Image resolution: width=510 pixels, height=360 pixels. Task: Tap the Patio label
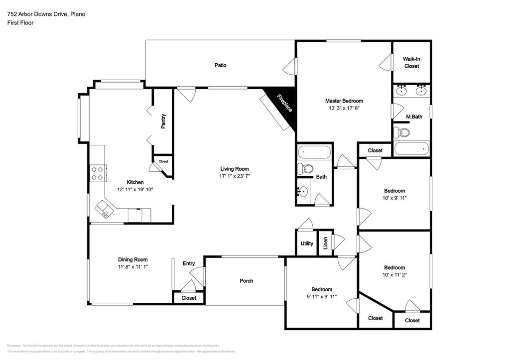(221, 65)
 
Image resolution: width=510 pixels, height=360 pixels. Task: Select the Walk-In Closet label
(411, 62)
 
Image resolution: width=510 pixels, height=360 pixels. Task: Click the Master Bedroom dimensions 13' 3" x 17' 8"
(344, 108)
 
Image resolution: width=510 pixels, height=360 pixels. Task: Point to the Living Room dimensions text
(234, 176)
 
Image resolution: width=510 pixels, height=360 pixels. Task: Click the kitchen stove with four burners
(97, 173)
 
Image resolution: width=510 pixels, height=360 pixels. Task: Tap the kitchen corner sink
(105, 209)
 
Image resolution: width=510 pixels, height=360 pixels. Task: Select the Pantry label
(163, 121)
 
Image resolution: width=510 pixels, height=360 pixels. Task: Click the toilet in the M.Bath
(401, 132)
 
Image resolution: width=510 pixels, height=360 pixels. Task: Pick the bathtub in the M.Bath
(412, 149)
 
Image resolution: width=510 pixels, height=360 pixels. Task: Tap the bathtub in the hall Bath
(314, 151)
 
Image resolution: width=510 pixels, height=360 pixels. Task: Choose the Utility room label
(307, 243)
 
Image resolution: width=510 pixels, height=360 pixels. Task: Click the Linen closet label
(325, 243)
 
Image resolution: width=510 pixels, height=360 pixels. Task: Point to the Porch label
(246, 281)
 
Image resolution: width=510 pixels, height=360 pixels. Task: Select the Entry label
(189, 263)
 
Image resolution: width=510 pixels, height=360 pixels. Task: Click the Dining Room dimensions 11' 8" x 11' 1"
(132, 266)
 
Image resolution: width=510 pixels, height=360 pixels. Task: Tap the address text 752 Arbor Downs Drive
(46, 14)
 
